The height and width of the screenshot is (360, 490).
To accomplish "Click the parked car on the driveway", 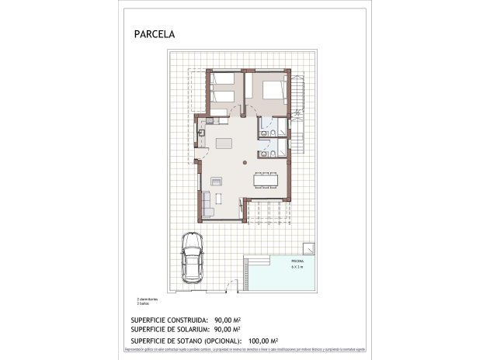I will pos(192,258).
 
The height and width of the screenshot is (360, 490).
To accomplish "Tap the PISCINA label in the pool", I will pos(297,261).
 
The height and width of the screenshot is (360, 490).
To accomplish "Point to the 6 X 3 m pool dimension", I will pos(297,268).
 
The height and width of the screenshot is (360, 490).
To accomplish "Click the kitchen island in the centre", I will pos(224,143).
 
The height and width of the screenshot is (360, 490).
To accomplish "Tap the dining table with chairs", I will pos(264,178).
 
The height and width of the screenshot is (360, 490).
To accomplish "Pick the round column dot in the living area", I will pos(245,163).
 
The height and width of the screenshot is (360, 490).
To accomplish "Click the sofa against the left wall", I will pos(207,203).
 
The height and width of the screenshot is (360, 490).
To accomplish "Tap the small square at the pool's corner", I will pos(309,248).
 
